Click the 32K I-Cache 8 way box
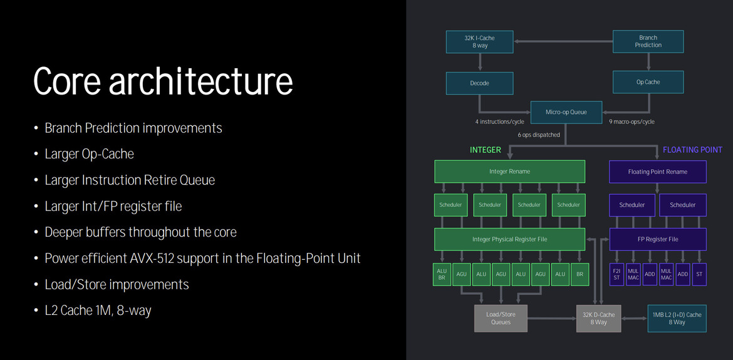tap(479, 41)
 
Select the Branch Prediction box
tap(648, 41)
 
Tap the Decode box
tap(479, 83)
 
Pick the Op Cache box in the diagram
tap(648, 82)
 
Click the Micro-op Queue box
tap(566, 112)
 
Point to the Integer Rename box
tap(509, 172)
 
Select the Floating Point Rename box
tap(657, 172)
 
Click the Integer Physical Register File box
tap(509, 239)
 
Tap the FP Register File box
tap(657, 239)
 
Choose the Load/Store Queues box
tap(501, 318)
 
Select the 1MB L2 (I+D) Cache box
tap(677, 318)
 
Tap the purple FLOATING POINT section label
tap(692, 150)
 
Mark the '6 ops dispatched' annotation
tap(539, 135)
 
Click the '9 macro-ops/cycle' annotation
tap(632, 122)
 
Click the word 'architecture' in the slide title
tap(201, 81)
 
